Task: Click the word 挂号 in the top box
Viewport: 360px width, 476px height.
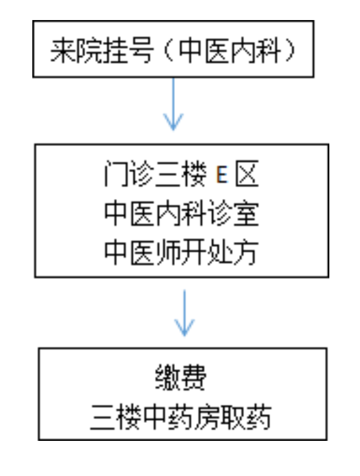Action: pos(127,50)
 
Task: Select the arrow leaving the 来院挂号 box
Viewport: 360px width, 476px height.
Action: pos(173,104)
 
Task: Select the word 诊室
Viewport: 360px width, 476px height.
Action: pos(233,213)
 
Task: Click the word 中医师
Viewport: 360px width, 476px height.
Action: pos(142,252)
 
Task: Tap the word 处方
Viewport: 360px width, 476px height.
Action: pos(233,252)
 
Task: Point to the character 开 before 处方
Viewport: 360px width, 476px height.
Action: pos(194,252)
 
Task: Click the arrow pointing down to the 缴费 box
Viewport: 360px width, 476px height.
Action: pos(184,313)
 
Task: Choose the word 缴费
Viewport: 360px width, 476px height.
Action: pos(181,377)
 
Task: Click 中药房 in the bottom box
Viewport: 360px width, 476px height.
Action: pos(181,417)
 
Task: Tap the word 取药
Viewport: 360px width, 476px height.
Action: pos(246,417)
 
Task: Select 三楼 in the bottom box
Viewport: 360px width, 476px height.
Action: pos(116,417)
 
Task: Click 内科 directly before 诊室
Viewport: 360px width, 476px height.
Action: pos(182,213)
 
